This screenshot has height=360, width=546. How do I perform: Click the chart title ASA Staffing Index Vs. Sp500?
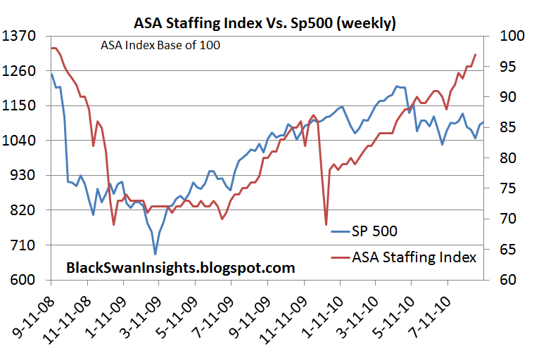pos(265,23)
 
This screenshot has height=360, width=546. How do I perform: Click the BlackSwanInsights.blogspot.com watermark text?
pos(180,268)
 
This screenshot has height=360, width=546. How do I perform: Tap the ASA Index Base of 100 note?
pos(160,46)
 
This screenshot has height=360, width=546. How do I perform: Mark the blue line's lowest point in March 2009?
pos(155,253)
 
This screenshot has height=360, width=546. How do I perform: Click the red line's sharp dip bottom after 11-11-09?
pos(326,224)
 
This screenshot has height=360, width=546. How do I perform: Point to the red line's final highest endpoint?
pos(476,54)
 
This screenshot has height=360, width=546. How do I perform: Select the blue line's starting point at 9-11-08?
pos(51,74)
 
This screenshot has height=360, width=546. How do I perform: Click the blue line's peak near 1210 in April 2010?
pos(397,86)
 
